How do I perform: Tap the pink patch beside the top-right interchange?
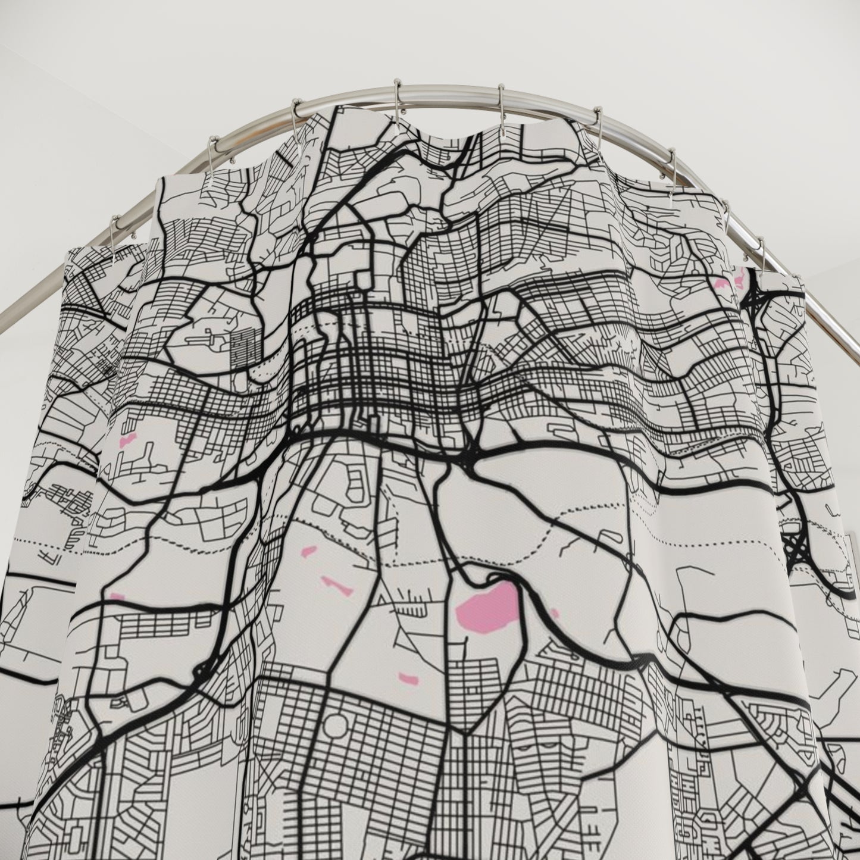(x=727, y=282)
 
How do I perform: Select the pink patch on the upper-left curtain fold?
(x=127, y=442)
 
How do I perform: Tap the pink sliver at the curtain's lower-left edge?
(x=117, y=596)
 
